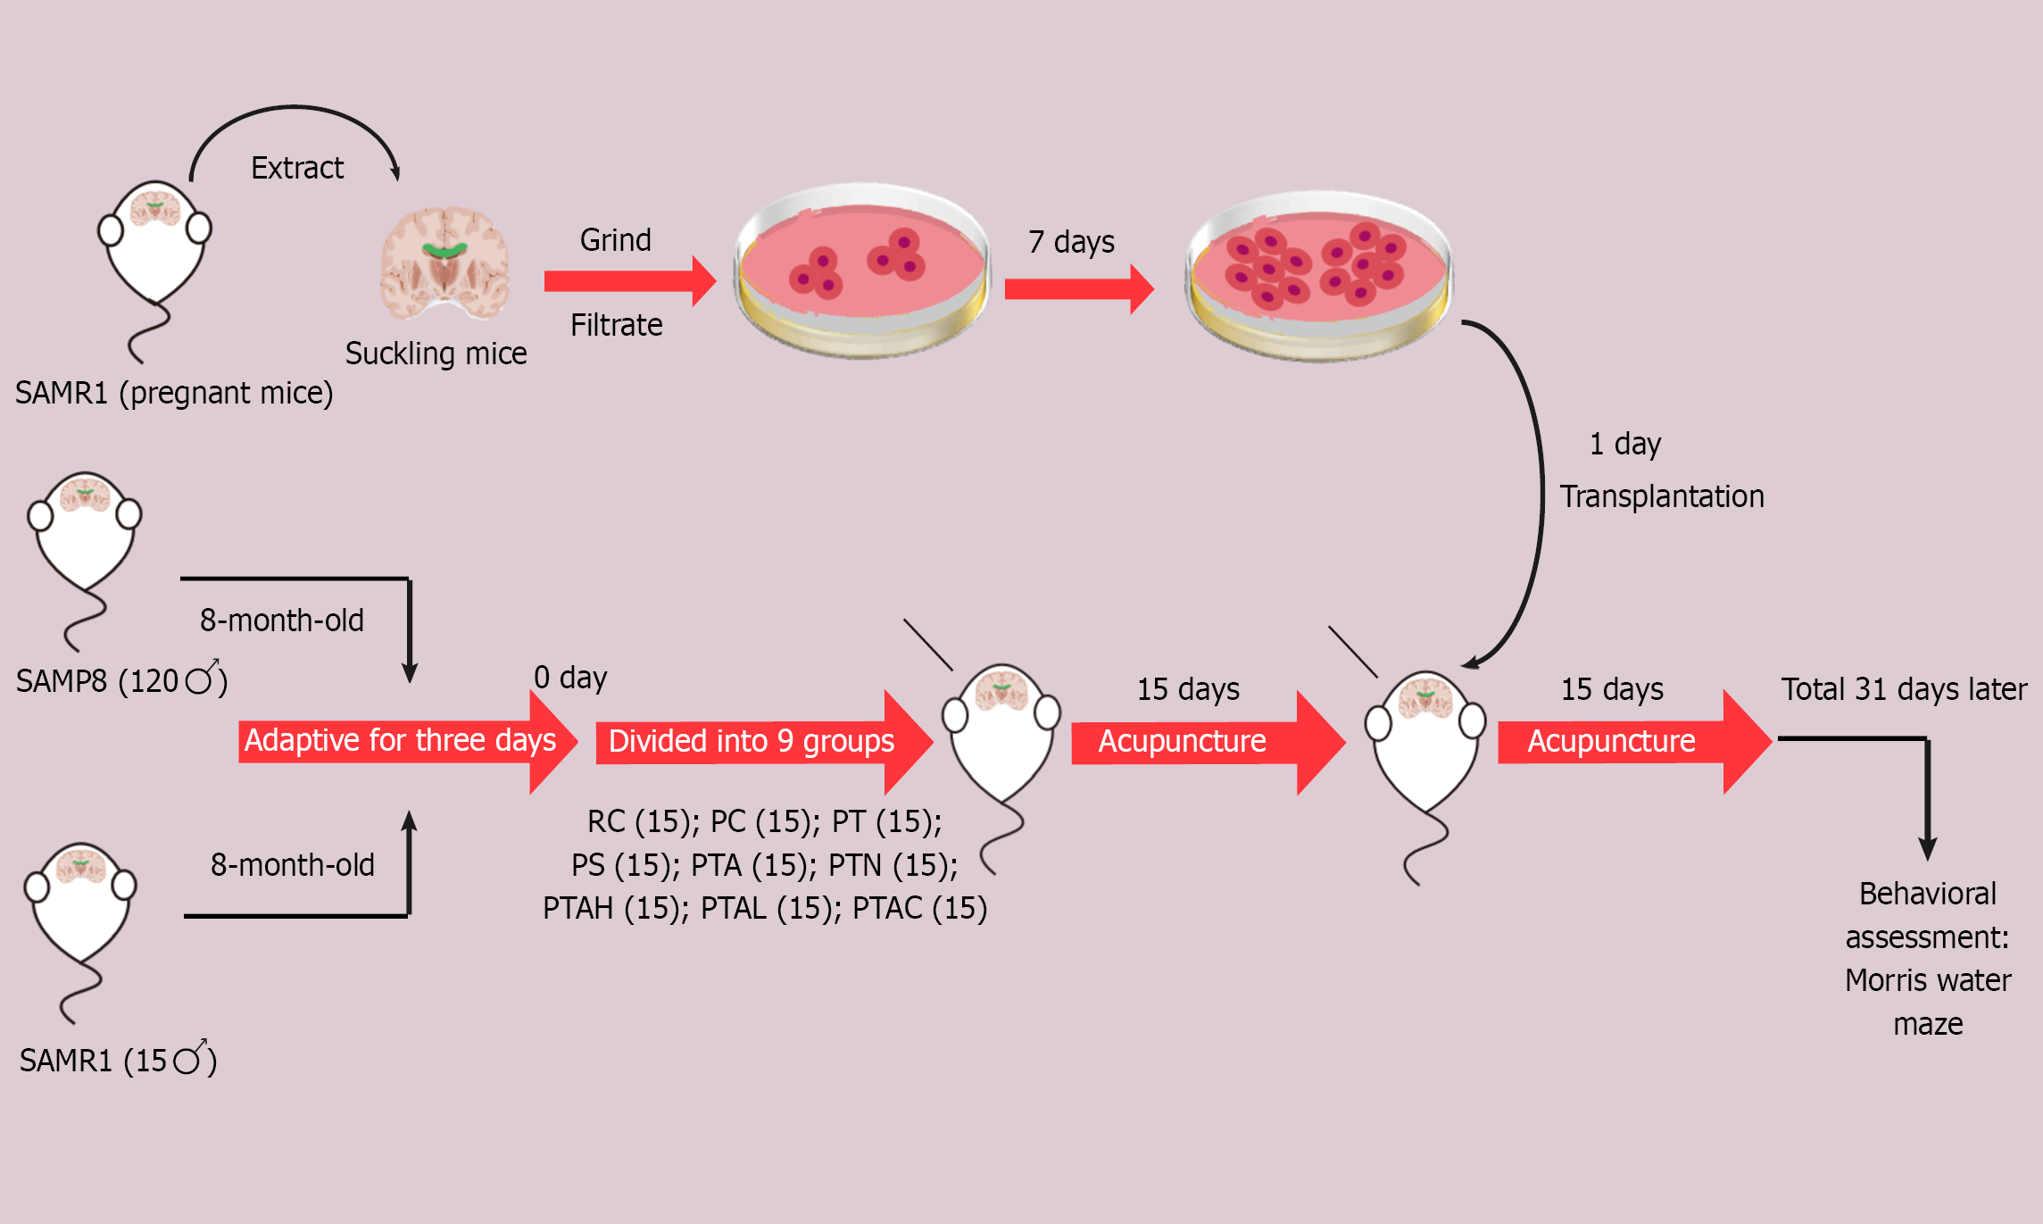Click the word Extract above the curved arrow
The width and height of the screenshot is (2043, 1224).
297,168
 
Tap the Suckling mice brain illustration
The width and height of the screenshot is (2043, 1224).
444,262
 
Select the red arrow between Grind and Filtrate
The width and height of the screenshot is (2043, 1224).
629,281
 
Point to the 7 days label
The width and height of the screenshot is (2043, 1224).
1071,242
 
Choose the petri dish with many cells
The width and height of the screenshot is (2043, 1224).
1318,274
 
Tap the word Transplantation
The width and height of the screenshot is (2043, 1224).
1661,496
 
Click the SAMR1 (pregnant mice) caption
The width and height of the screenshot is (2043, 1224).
174,393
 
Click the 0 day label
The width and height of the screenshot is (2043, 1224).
570,678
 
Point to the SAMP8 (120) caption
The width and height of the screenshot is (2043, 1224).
121,681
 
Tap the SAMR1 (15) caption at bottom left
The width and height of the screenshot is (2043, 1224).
118,1061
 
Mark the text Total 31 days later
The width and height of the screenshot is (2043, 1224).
1904,689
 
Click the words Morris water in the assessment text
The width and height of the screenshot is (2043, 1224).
1928,980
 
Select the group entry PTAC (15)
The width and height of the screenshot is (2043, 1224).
919,908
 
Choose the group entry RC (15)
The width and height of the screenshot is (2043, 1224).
643,821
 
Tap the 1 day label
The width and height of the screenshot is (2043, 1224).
1624,444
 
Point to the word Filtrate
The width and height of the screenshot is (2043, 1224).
616,325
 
